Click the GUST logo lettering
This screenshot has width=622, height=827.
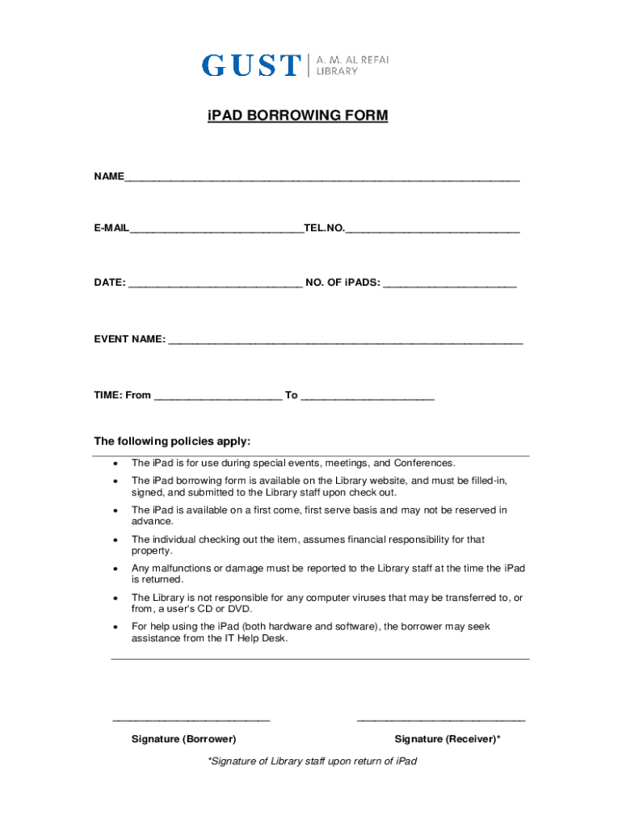pyautogui.click(x=250, y=65)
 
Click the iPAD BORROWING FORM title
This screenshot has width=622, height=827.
pyautogui.click(x=297, y=116)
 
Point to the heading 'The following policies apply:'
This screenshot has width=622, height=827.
pyautogui.click(x=172, y=442)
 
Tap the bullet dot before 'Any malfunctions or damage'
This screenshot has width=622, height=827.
pyautogui.click(x=116, y=569)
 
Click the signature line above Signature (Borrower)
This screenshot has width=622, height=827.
pyautogui.click(x=191, y=719)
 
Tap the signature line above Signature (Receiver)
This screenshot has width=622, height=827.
pyautogui.click(x=441, y=719)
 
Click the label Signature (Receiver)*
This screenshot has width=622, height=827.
pyautogui.click(x=448, y=740)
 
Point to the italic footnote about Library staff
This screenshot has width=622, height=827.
pyautogui.click(x=312, y=762)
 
